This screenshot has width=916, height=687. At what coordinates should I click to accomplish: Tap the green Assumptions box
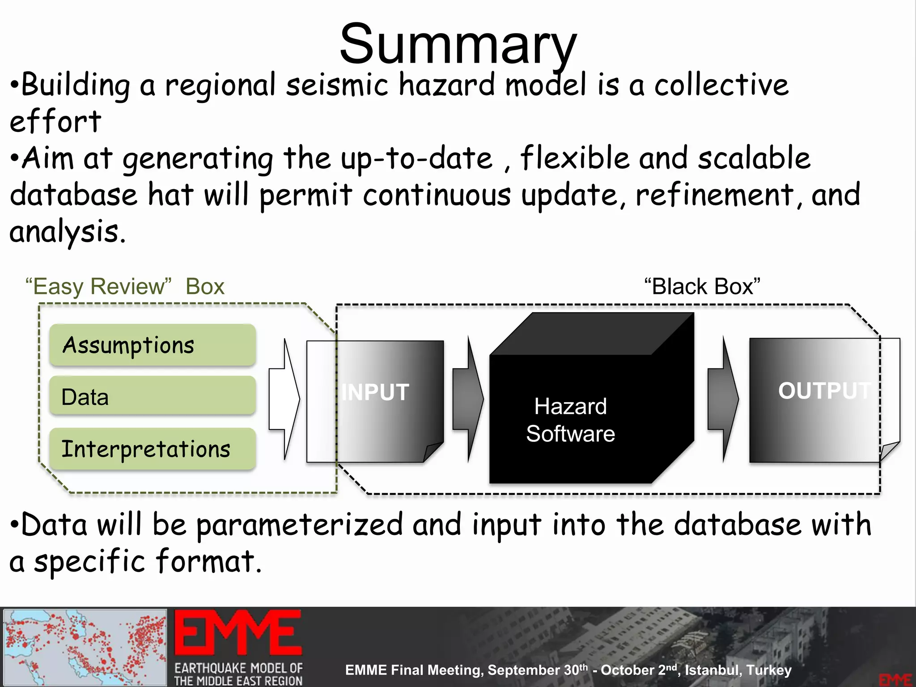coord(152,345)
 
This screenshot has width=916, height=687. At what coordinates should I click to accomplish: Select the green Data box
coord(152,396)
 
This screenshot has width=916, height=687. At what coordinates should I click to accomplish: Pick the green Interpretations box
coord(152,449)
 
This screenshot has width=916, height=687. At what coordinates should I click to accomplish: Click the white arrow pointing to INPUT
coord(284,399)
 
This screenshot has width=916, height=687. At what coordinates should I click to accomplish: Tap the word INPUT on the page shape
coord(375,392)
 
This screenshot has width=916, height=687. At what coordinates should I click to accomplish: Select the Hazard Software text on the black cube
coord(570,420)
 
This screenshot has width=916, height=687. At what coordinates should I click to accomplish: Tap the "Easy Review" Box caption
coord(125,286)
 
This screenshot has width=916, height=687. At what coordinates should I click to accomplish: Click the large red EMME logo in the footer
coord(237,633)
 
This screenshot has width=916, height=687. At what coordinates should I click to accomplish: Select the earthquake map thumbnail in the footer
coord(85,647)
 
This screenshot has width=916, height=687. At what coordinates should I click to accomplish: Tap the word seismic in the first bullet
coord(337,85)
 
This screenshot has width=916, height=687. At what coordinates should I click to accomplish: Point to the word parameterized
coord(300,525)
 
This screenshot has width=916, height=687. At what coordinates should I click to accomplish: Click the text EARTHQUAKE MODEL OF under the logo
coord(238,668)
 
